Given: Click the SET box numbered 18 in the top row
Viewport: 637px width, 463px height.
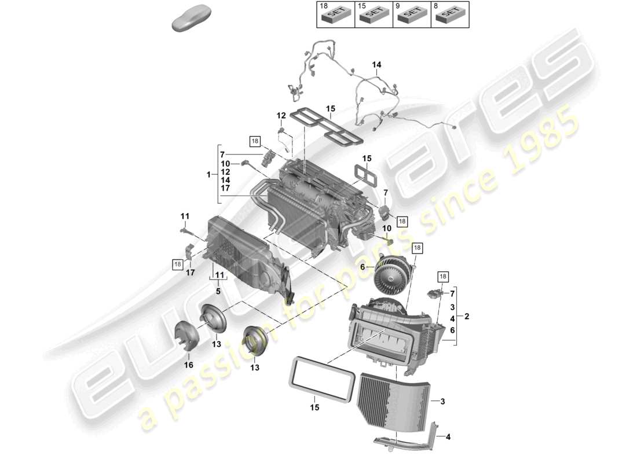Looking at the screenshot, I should pyautogui.click(x=335, y=14).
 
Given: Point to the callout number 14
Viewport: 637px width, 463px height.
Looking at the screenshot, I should pyautogui.click(x=376, y=65).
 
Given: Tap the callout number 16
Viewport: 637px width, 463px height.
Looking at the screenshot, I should pyautogui.click(x=188, y=365).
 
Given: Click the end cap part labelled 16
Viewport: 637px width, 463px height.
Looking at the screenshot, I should pyautogui.click(x=188, y=336).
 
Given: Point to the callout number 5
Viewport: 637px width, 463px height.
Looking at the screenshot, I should pyautogui.click(x=218, y=292).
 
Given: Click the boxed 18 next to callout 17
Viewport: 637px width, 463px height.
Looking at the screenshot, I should pyautogui.click(x=178, y=264).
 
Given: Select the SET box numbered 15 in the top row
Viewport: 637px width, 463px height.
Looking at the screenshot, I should pyautogui.click(x=373, y=14).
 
